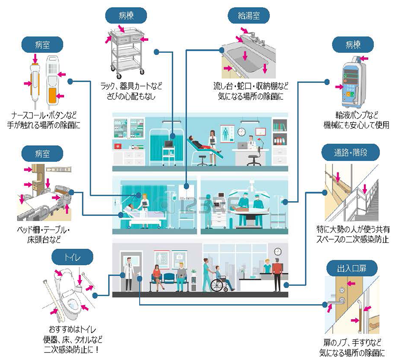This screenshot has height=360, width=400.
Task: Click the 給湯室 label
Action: pyautogui.click(x=249, y=16)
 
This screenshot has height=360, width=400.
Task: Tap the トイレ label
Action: pyautogui.click(x=72, y=257)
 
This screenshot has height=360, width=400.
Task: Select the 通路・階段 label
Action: pyautogui.click(x=351, y=153)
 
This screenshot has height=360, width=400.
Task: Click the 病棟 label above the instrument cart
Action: pyautogui.click(x=126, y=16)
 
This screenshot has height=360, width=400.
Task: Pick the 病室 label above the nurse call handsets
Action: pyautogui.click(x=43, y=45)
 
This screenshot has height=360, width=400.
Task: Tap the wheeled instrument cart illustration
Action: pyautogui.click(x=127, y=51)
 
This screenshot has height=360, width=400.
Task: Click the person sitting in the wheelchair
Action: pyautogui.click(x=219, y=276)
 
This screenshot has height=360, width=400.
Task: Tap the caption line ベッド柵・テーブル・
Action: pyautogui.click(x=43, y=231)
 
